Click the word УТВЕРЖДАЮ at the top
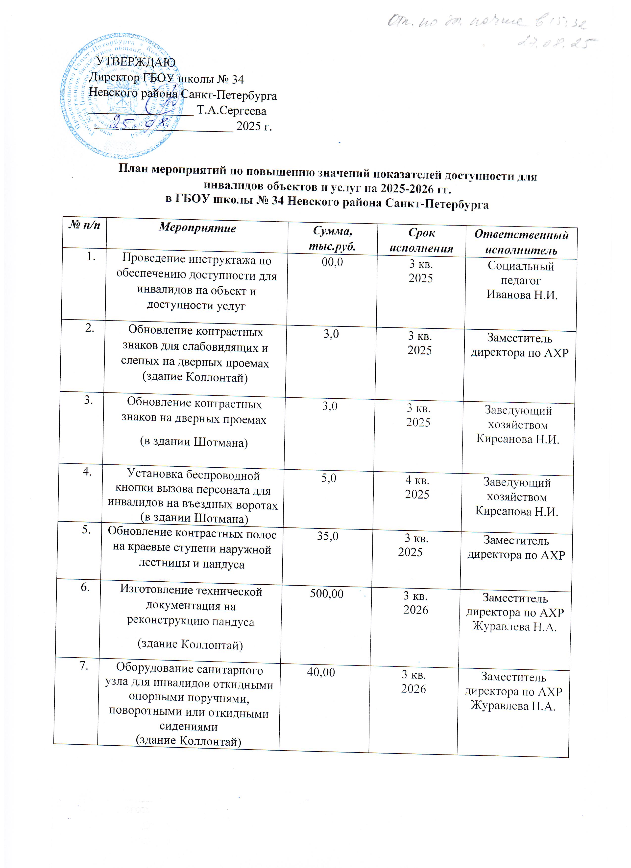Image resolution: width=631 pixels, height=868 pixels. (x=136, y=62)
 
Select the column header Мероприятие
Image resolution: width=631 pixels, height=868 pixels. (x=197, y=228)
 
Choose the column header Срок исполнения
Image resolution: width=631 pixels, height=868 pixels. (x=421, y=241)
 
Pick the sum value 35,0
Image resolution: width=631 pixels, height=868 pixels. (x=328, y=536)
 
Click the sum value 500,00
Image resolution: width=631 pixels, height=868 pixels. (x=327, y=594)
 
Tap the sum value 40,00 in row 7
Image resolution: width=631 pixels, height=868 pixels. (x=321, y=672)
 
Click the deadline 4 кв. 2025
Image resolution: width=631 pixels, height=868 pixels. (x=417, y=487)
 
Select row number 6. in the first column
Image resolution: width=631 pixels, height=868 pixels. (x=85, y=587)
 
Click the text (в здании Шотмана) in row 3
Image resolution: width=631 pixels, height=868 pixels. (x=194, y=442)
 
